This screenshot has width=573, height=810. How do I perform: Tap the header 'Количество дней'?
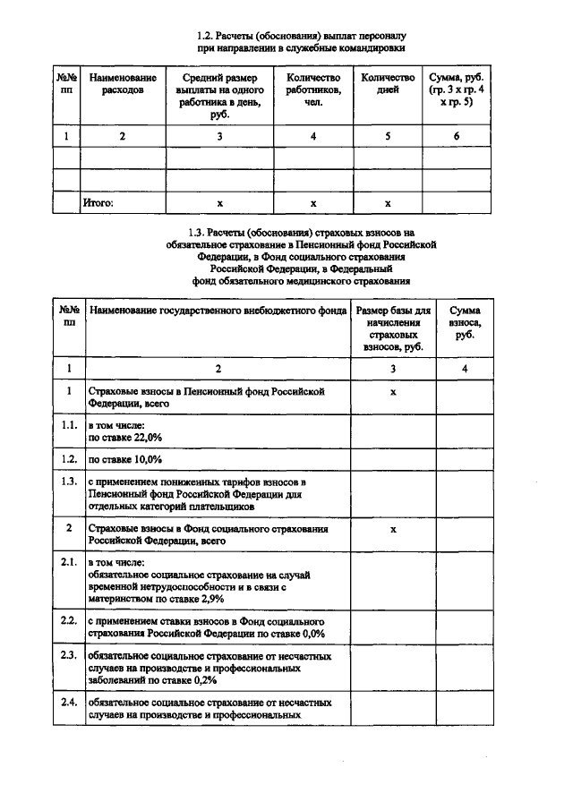388,84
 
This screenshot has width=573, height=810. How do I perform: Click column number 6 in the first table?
457,136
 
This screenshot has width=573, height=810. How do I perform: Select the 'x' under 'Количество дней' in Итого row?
388,204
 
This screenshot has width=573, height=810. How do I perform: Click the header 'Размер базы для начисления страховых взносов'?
393,327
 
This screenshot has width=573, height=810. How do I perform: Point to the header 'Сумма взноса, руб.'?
464,321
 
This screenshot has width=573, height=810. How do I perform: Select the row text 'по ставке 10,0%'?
124,459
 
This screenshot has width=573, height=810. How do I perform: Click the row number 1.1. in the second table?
68,426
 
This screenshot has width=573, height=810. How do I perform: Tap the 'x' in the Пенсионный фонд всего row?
393,392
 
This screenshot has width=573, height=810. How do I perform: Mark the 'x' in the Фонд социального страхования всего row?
393,529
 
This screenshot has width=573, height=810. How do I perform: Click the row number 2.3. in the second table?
68,657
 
